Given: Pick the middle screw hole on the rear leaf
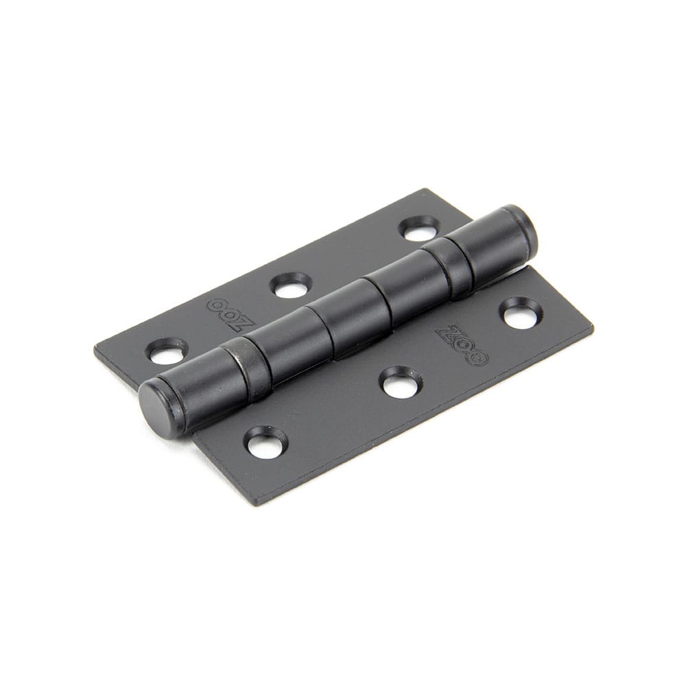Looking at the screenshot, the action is [290, 285].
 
